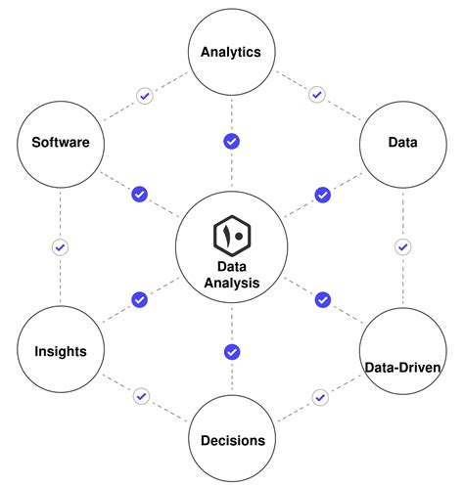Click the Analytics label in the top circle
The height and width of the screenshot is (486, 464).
tap(231, 52)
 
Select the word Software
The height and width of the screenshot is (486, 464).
tap(61, 143)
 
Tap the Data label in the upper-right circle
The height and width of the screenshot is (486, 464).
tap(402, 143)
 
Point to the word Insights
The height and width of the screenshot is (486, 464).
tap(60, 351)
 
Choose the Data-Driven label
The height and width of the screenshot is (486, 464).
tap(403, 368)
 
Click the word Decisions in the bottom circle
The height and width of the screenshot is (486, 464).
tap(231, 440)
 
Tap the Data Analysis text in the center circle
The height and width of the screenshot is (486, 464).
tap(232, 275)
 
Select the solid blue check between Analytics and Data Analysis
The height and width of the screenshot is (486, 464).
tap(232, 141)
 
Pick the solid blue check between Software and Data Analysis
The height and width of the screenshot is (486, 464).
tap(139, 195)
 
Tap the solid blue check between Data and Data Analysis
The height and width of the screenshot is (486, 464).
tap(322, 195)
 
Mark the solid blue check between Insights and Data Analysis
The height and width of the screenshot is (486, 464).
tap(139, 299)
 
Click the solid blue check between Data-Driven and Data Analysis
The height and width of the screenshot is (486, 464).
tap(322, 299)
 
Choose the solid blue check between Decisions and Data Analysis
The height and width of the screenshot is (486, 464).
tap(232, 351)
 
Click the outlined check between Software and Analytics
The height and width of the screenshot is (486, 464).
tap(144, 96)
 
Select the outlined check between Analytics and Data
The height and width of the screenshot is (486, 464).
tap(316, 95)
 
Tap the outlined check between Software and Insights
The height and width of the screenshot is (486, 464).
tap(60, 247)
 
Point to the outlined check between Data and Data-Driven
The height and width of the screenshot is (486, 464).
tap(401, 246)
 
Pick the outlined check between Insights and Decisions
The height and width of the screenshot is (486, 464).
tap(142, 396)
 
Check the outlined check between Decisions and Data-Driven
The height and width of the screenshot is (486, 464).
tap(319, 396)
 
